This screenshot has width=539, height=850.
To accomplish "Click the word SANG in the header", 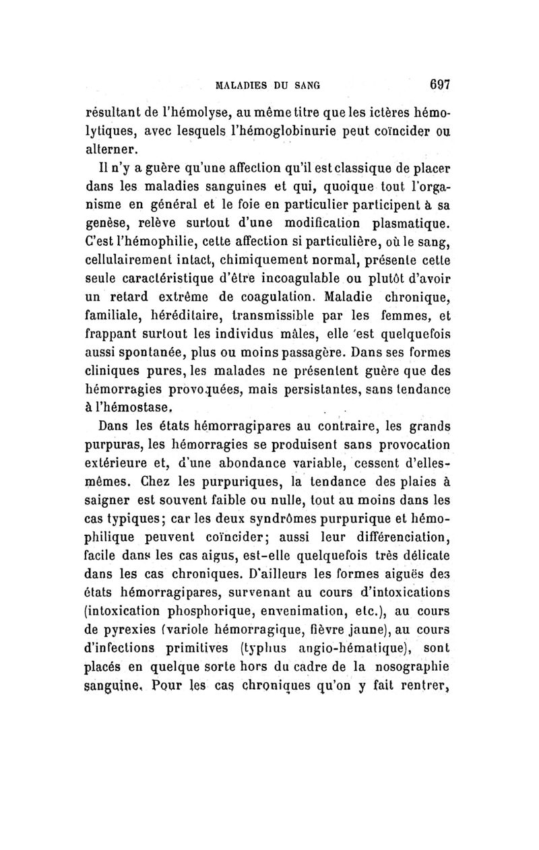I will [304, 86].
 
